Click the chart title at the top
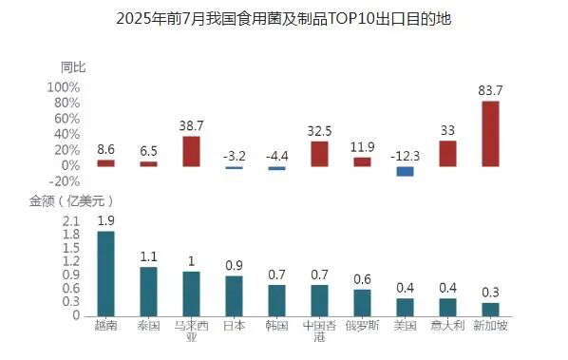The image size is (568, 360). pyautogui.click(x=284, y=18)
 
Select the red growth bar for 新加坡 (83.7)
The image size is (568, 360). pyautogui.click(x=490, y=133)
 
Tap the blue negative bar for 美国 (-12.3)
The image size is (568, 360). pyautogui.click(x=405, y=171)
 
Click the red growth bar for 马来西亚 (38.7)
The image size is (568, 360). pyautogui.click(x=191, y=151)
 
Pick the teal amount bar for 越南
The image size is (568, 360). pyautogui.click(x=105, y=274)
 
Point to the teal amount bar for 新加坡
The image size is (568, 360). pyautogui.click(x=490, y=309)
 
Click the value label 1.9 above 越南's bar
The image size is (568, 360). pyautogui.click(x=105, y=220)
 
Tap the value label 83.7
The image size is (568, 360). pyautogui.click(x=490, y=90)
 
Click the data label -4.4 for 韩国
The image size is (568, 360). pyautogui.click(x=276, y=156)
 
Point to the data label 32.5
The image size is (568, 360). pyautogui.click(x=319, y=131)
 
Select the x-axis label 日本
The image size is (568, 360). pyautogui.click(x=234, y=326)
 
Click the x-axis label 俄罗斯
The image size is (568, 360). pyautogui.click(x=362, y=326)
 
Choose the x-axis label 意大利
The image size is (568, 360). pyautogui.click(x=447, y=326)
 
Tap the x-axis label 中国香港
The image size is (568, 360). pyautogui.click(x=319, y=332)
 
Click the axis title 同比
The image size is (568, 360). pyautogui.click(x=73, y=66)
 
